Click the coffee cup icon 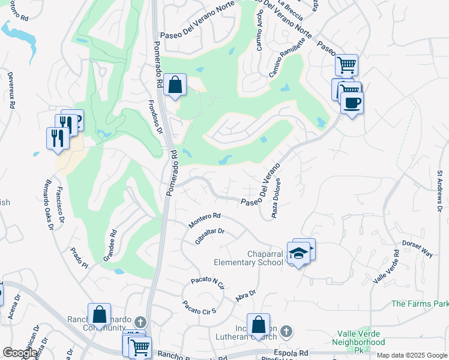pos(352,102)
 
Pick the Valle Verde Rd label pos(386,266)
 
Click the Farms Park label pos(420,304)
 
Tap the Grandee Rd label pos(110,247)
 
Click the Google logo pos(19,353)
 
